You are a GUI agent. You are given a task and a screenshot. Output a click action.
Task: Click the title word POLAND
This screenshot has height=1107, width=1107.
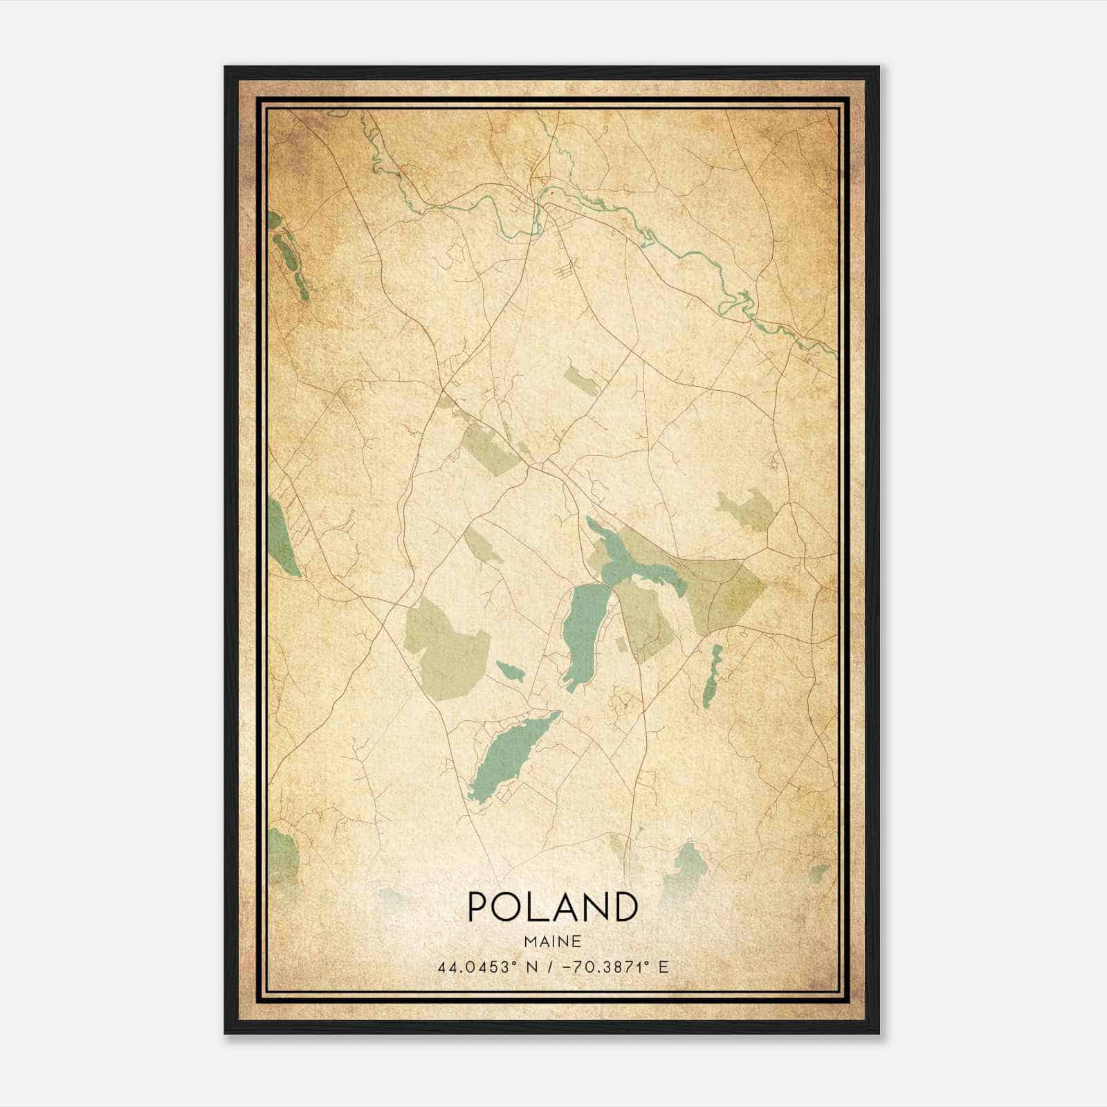click(x=552, y=907)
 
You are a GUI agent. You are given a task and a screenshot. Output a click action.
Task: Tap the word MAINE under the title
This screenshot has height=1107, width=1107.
click(x=552, y=941)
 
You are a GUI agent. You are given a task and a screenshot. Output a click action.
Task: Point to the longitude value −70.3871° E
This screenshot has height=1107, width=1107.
click(x=610, y=967)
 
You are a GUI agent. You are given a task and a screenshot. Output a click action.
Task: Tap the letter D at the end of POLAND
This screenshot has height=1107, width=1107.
click(x=623, y=907)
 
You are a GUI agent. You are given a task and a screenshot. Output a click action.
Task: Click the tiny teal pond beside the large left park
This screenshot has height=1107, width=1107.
click(x=510, y=669)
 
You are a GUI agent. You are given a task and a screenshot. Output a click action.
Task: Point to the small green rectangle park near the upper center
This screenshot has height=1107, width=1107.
click(x=580, y=381)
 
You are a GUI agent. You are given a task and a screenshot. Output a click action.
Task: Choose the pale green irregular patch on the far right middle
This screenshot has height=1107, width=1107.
click(x=745, y=509)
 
